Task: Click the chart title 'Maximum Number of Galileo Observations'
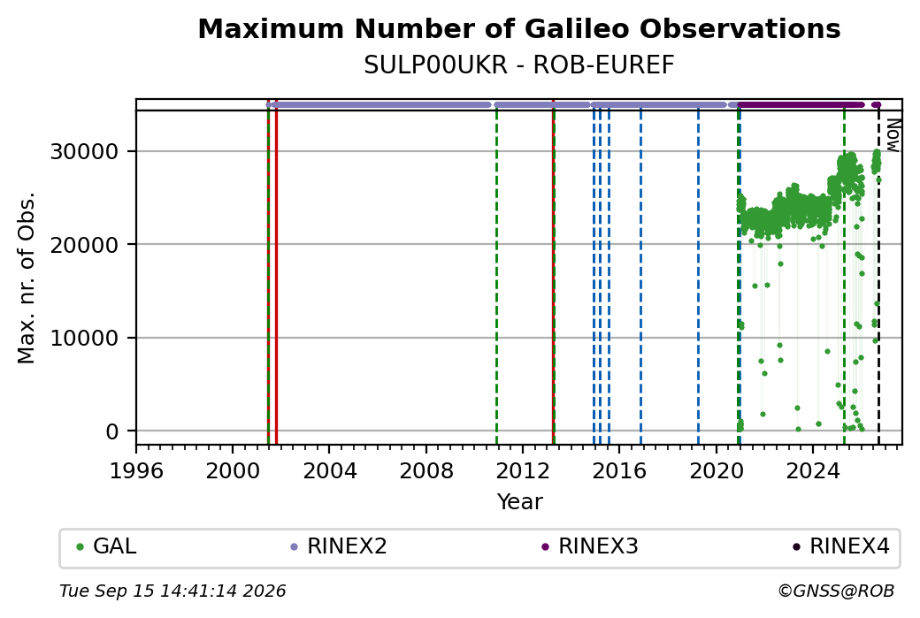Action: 518,28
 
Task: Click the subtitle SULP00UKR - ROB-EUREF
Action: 518,65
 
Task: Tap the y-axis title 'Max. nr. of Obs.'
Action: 27,278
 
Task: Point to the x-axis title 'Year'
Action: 520,502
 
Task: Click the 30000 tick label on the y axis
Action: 85,152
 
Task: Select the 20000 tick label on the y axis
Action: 85,245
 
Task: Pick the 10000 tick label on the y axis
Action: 85,339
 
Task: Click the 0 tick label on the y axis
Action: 112,431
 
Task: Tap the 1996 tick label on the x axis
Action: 136,471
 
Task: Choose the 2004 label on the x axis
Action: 329,471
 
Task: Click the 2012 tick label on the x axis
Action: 522,471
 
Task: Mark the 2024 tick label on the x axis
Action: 813,471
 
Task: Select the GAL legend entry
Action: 107,546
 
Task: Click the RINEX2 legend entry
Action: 339,546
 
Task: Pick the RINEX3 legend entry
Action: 590,546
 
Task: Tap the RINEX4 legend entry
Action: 841,546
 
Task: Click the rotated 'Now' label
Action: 893,135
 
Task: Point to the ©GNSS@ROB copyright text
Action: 836,591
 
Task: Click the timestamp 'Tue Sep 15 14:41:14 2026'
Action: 172,591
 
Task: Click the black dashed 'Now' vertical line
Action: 878,278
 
